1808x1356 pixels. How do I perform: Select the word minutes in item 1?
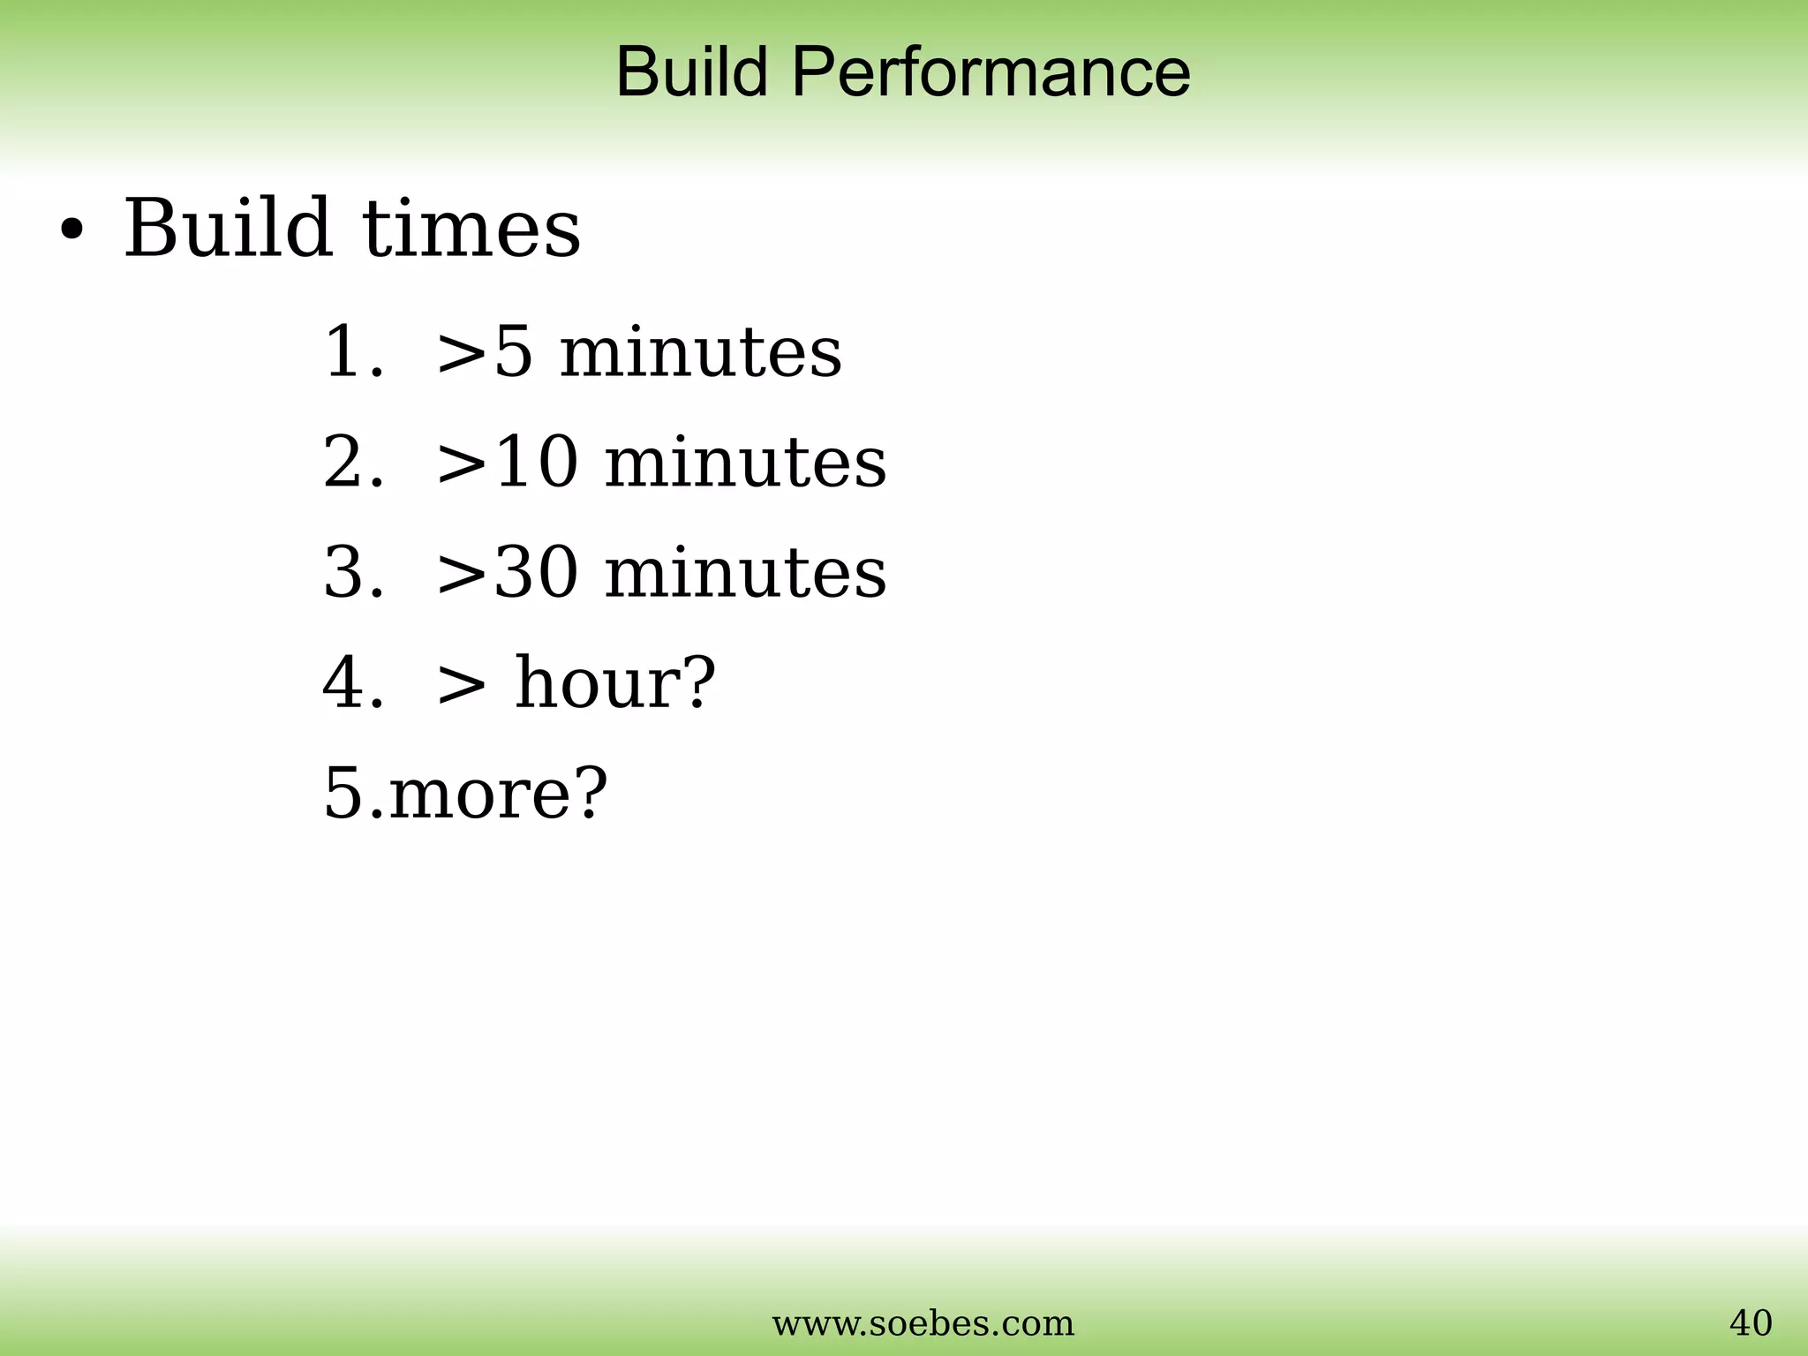pyautogui.click(x=701, y=352)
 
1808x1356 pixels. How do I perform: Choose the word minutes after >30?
pyautogui.click(x=745, y=572)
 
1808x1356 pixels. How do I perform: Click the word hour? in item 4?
pyautogui.click(x=615, y=682)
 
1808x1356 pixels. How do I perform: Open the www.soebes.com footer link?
pyautogui.click(x=923, y=1323)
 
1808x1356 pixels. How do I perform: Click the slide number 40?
pyautogui.click(x=1750, y=1323)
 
